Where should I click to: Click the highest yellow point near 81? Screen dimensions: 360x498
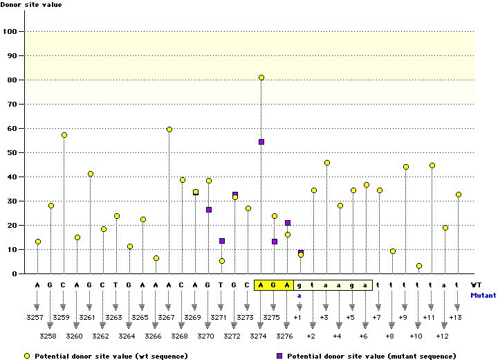[261, 78]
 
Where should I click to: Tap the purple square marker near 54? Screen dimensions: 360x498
[261, 142]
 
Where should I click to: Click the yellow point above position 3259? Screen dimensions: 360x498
[64, 135]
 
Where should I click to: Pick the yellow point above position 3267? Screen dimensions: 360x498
[169, 129]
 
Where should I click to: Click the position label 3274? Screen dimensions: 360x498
[261, 336]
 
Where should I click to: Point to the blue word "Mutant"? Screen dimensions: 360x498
[483, 295]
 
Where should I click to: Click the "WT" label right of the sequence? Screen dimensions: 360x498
[477, 285]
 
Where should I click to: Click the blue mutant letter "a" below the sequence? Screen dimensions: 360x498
[299, 296]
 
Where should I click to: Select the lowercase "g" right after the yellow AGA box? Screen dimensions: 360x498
[299, 285]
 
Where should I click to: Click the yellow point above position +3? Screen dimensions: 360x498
[327, 163]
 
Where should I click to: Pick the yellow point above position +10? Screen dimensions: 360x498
[419, 266]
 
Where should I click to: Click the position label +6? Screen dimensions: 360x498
[364, 336]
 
